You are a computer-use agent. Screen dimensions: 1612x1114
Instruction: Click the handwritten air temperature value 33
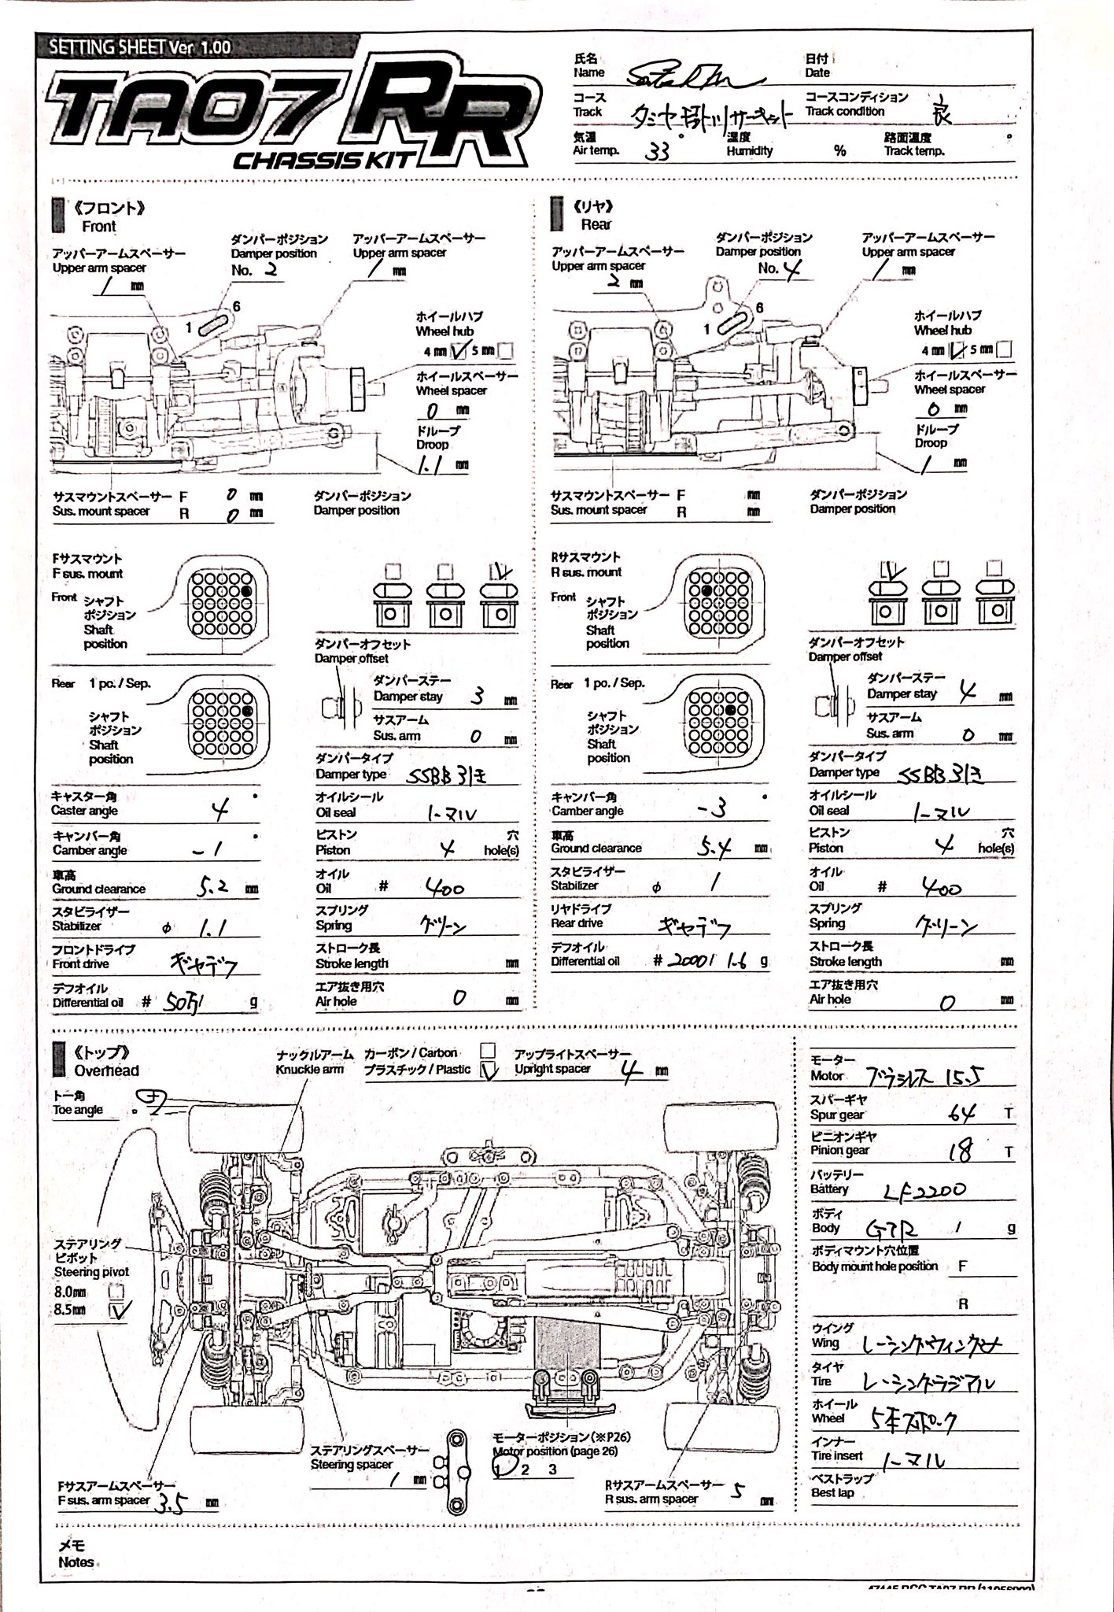(656, 151)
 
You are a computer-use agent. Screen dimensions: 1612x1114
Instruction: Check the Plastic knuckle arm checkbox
(489, 1070)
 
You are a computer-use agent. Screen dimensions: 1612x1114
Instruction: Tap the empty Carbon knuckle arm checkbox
(488, 1051)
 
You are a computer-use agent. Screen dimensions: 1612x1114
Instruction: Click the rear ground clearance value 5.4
(714, 847)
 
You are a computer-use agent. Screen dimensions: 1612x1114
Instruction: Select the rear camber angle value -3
(711, 808)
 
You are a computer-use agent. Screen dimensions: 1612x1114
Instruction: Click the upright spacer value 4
(630, 1071)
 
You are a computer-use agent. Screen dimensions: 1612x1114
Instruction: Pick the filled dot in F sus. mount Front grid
(246, 590)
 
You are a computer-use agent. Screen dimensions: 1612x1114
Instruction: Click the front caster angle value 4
(221, 809)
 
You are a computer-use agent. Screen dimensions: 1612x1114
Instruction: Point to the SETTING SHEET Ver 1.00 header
(139, 46)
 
